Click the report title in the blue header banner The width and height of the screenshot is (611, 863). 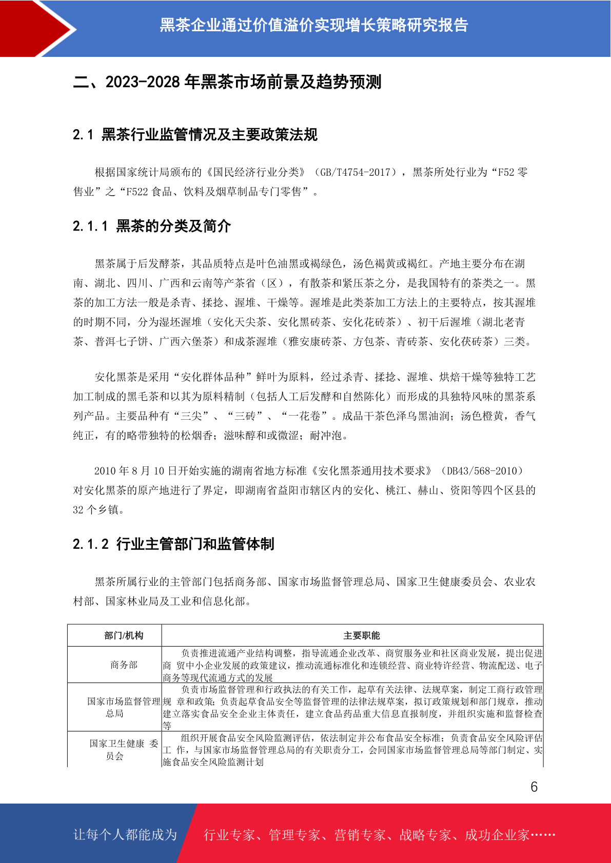(x=313, y=25)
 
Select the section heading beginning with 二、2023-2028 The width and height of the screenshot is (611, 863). (x=227, y=82)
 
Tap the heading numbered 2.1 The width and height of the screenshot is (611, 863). (x=195, y=135)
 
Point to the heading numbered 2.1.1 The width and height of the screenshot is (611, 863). (x=152, y=226)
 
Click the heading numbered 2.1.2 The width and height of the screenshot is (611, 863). (x=173, y=544)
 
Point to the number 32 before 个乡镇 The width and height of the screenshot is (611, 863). (x=78, y=510)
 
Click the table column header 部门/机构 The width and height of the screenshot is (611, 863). (x=124, y=635)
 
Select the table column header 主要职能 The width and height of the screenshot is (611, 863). (x=362, y=635)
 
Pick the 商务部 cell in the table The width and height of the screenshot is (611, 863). (x=124, y=665)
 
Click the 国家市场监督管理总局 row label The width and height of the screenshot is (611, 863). (x=123, y=707)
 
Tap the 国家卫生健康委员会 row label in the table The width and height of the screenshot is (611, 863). (x=123, y=749)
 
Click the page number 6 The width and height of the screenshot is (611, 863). (x=534, y=787)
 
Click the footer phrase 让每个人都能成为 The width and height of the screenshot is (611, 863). (x=125, y=835)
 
